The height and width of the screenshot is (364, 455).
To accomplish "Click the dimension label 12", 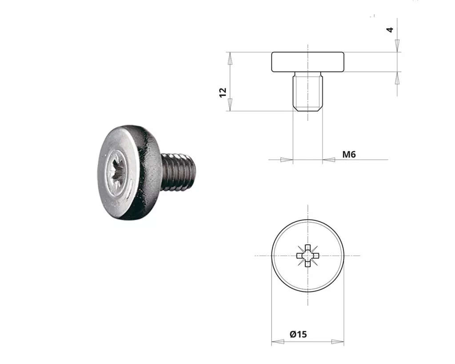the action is [223, 92].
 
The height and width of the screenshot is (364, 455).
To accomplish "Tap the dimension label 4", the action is [390, 30].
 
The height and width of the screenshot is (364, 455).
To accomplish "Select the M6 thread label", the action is [349, 154].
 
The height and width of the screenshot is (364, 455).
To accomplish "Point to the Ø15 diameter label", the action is [298, 334].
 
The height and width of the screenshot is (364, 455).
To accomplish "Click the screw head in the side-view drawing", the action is [307, 62].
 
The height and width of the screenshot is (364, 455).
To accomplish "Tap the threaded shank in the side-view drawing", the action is [307, 92].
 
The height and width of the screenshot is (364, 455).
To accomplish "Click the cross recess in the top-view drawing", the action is [307, 256].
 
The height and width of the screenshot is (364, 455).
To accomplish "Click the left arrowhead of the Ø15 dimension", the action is [277, 342].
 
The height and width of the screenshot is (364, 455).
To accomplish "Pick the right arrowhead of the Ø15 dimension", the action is [338, 342].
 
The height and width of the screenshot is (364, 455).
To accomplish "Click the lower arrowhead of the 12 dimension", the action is [230, 104].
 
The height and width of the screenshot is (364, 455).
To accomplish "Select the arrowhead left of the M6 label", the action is [328, 160].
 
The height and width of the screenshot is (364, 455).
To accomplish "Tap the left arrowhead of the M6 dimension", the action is [287, 160].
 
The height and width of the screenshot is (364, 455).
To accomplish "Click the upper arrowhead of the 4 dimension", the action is [397, 46].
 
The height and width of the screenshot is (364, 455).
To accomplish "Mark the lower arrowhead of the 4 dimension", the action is [397, 78].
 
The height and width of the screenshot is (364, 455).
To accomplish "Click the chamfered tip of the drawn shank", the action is [307, 109].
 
